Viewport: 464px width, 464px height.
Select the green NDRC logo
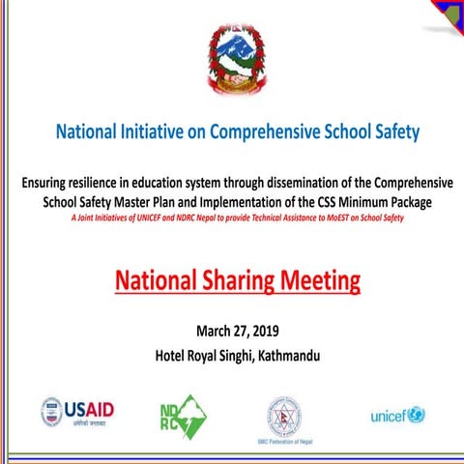click(x=183, y=414)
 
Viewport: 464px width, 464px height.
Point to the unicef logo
click(x=397, y=415)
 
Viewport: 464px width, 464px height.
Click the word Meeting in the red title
click(x=316, y=281)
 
